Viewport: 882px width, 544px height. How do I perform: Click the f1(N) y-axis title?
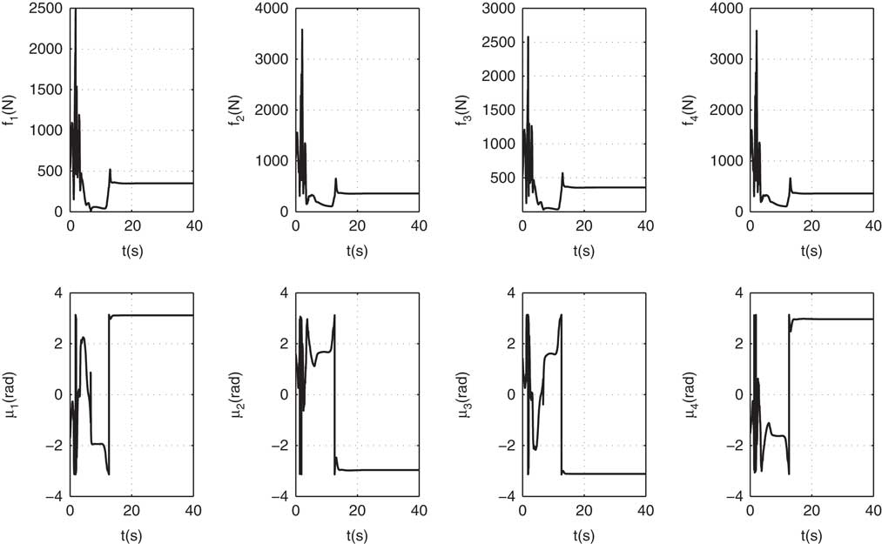(x=11, y=110)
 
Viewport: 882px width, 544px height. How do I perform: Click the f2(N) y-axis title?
(x=237, y=110)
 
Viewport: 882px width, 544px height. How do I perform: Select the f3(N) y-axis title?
(x=463, y=110)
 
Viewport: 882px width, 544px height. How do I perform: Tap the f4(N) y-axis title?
(x=689, y=110)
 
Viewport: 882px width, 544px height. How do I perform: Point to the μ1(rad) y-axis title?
(x=11, y=394)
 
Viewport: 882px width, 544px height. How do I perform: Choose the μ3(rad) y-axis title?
(x=463, y=394)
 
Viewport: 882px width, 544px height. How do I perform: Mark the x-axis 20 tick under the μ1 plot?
(x=131, y=509)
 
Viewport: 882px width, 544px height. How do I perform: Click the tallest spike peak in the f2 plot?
(x=302, y=30)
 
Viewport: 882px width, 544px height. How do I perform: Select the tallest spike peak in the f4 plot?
(x=756, y=30)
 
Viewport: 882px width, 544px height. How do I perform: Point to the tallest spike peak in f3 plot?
(x=528, y=37)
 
